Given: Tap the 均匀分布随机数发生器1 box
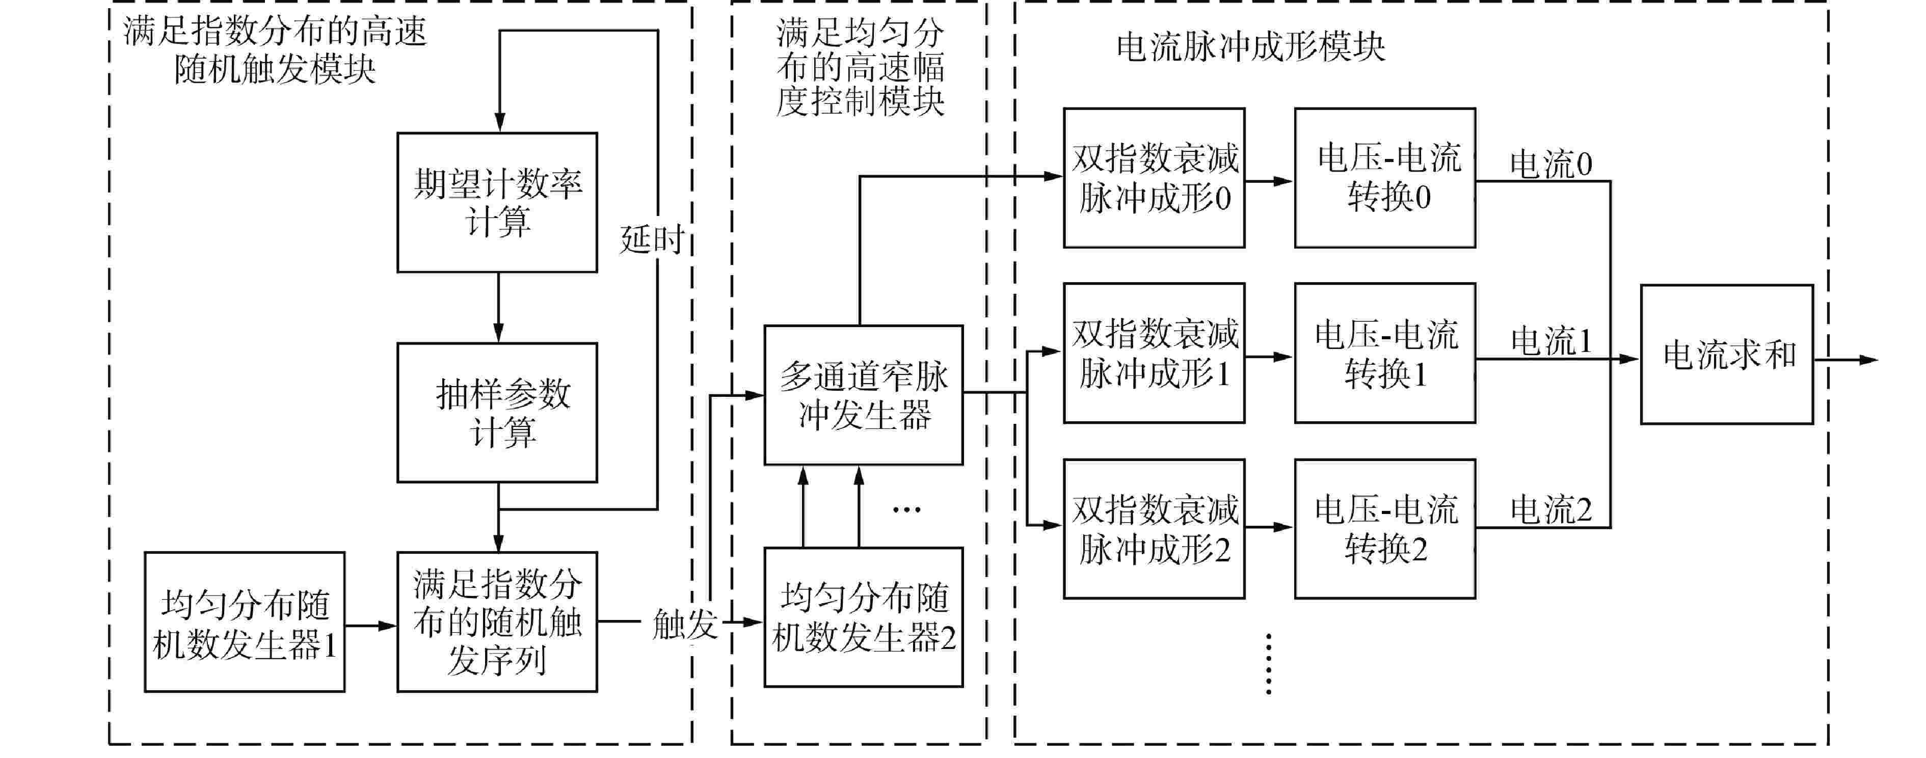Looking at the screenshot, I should [245, 622].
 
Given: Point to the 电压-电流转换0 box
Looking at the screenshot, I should [1385, 178].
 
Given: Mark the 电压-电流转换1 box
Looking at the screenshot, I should [1385, 353].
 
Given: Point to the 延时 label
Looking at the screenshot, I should [652, 240].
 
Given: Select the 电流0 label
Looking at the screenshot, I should [1550, 164].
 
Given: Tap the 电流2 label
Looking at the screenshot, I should [1550, 510].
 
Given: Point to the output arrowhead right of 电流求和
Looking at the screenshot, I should [1868, 360].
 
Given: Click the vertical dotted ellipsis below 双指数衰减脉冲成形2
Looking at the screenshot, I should [1269, 664].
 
